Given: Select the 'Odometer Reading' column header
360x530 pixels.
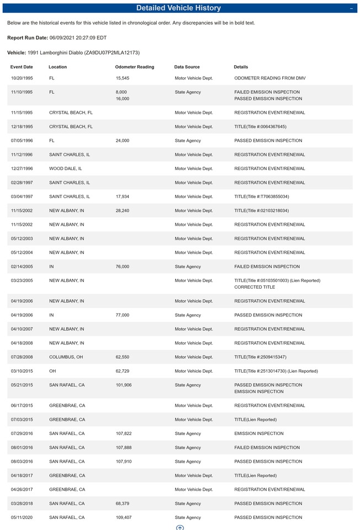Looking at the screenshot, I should tap(134, 67).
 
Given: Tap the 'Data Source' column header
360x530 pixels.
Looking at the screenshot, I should tap(187, 67).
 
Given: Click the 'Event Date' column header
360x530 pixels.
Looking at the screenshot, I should tap(22, 67).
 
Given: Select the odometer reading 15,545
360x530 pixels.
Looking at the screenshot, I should tap(123, 78).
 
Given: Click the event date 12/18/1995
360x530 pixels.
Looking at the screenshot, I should tap(22, 126).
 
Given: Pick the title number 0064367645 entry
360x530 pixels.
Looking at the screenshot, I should tap(260, 126).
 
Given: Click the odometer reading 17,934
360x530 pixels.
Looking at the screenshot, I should tap(123, 197).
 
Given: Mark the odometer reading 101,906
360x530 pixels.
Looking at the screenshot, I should tap(124, 385).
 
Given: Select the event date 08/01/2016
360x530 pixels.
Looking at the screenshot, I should tap(22, 448).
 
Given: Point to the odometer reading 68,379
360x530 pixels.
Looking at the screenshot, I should tap(123, 504).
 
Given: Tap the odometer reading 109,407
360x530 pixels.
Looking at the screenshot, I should tap(124, 517).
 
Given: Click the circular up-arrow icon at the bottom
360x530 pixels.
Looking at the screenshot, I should tap(179, 528).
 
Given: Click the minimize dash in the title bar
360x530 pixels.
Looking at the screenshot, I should tap(351, 8).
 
